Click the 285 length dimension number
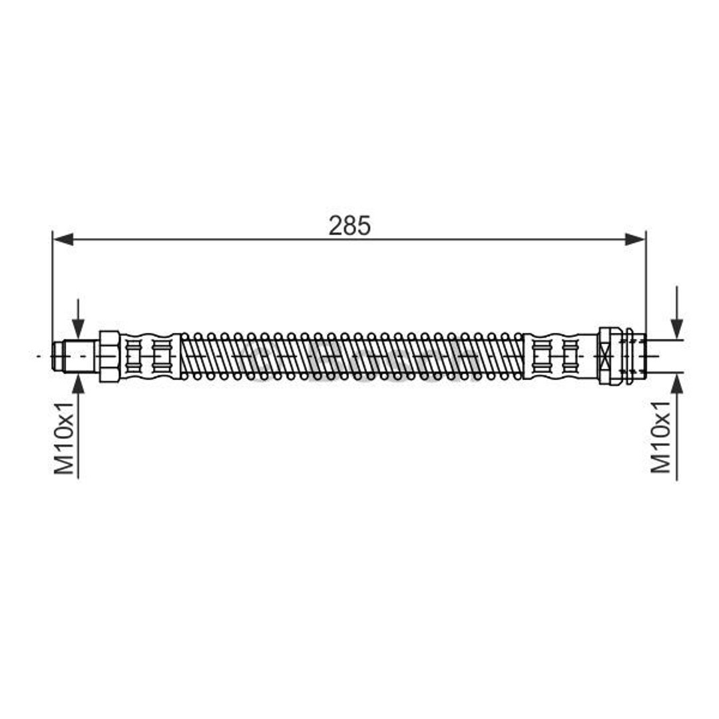pyautogui.click(x=350, y=226)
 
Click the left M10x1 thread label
pyautogui.click(x=64, y=438)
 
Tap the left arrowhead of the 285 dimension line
pyautogui.click(x=63, y=239)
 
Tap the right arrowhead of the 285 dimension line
pyautogui.click(x=636, y=239)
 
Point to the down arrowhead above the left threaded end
pyautogui.click(x=79, y=329)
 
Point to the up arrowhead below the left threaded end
pyautogui.click(x=79, y=383)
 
